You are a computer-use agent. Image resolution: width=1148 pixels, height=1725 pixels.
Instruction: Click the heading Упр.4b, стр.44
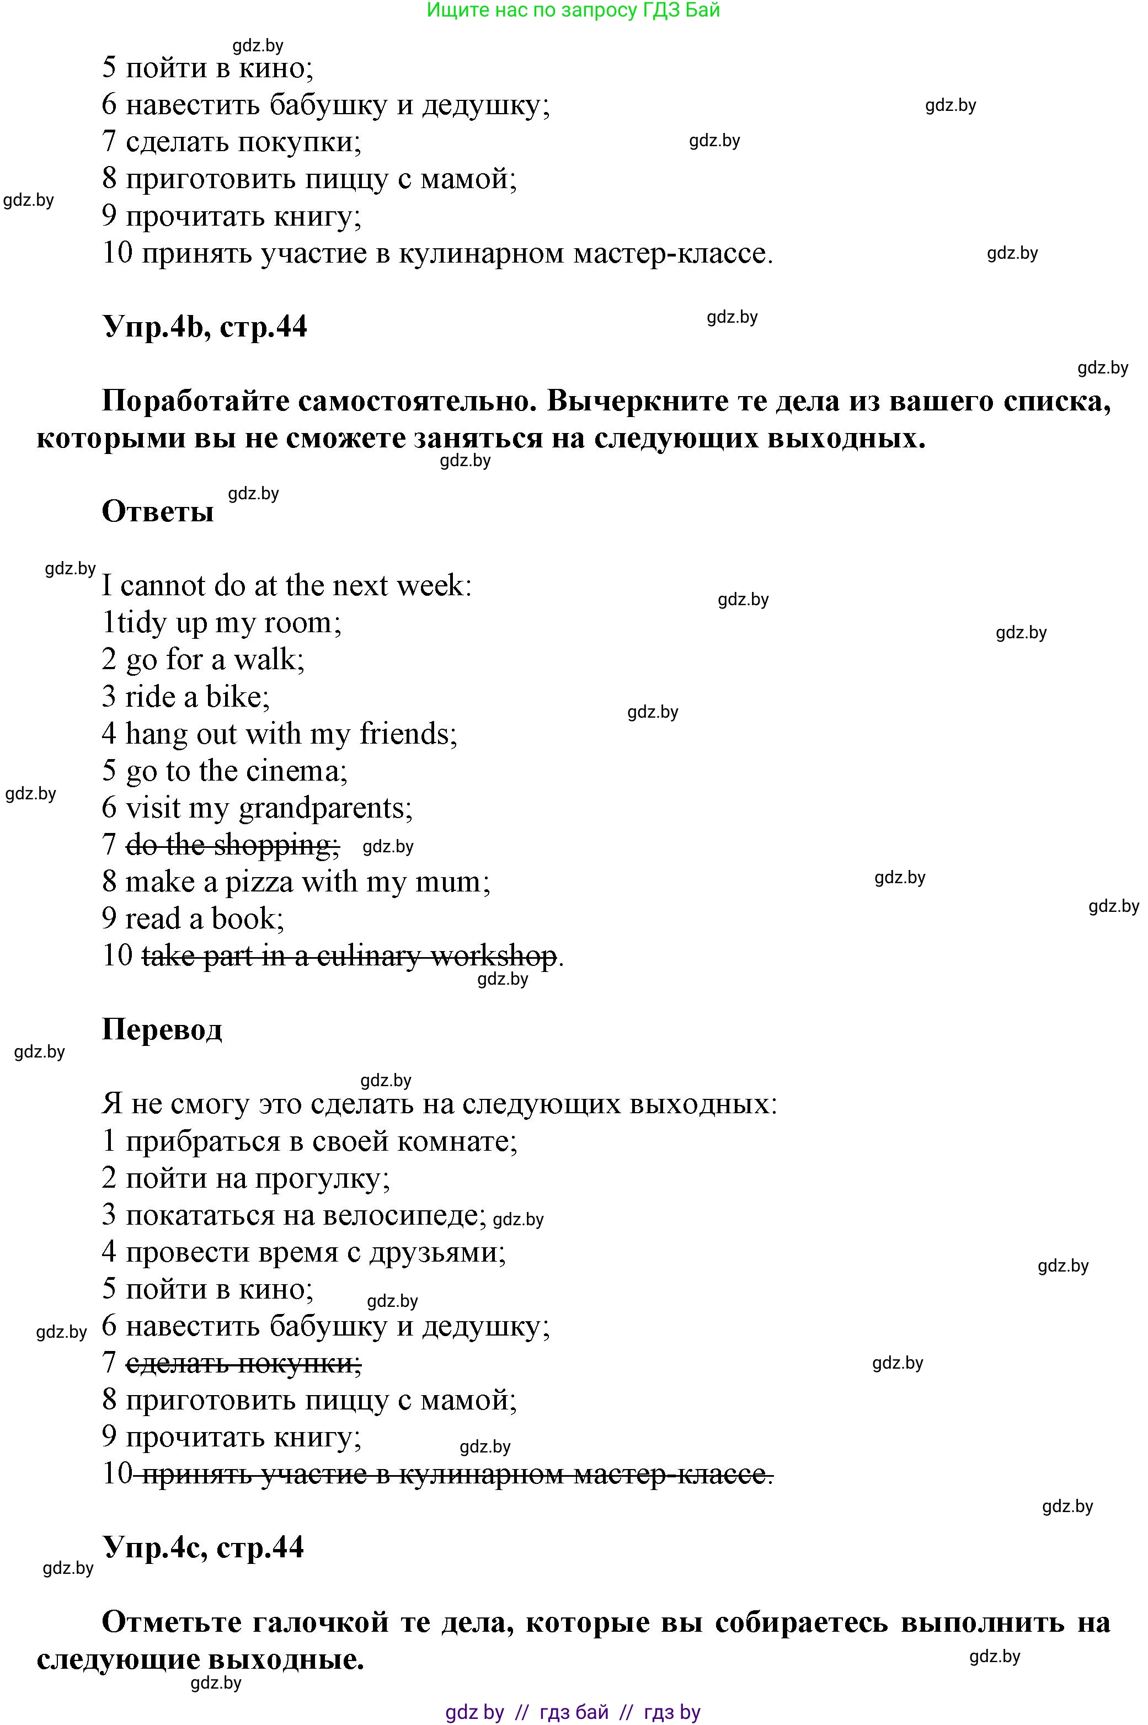pyautogui.click(x=204, y=327)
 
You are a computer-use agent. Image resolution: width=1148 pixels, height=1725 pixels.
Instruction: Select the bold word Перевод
pyautogui.click(x=162, y=1029)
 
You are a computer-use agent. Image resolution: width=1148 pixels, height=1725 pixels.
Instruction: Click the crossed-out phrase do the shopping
pyautogui.click(x=233, y=845)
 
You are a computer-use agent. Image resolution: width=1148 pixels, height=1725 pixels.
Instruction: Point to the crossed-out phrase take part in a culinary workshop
pyautogui.click(x=349, y=955)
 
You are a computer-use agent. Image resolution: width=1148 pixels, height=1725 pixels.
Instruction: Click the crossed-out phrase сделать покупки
pyautogui.click(x=244, y=1363)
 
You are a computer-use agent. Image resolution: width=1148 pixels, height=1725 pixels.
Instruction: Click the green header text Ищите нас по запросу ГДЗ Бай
pyautogui.click(x=573, y=10)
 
